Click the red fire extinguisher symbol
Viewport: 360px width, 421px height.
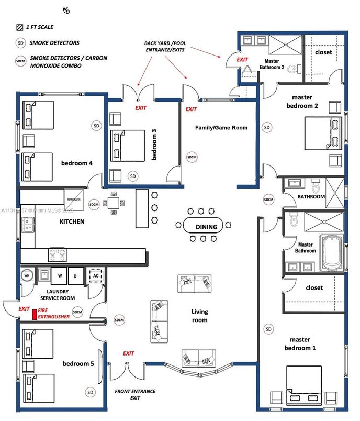[35, 315]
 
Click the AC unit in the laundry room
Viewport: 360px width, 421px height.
[96, 275]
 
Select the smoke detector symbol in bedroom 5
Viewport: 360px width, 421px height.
[91, 392]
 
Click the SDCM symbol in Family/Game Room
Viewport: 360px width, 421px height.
[192, 157]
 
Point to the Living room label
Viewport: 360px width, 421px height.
[199, 316]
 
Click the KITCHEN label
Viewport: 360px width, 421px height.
[72, 221]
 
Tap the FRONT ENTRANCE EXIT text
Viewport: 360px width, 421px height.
[128, 394]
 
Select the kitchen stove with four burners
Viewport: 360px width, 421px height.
[58, 254]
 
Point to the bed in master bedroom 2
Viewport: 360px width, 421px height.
[323, 132]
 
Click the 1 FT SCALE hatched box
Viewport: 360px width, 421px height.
[19, 27]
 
